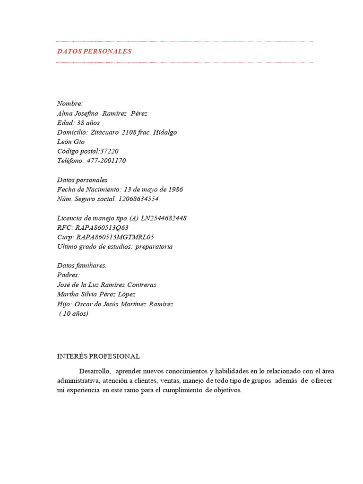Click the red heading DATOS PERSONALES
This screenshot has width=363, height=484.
94,52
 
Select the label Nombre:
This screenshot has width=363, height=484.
70,104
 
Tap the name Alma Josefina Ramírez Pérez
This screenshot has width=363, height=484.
102,113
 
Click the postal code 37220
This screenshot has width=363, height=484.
109,151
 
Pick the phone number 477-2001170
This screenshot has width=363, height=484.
106,161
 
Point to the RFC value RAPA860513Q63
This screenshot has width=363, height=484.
102,228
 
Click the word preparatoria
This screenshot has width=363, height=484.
154,247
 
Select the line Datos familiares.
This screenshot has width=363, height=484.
82,266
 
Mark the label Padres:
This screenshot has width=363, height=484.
69,275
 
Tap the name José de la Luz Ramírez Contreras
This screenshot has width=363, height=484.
106,285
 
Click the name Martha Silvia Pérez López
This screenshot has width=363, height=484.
96,294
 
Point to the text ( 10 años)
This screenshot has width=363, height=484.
73,313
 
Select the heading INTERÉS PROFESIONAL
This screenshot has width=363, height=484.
98,356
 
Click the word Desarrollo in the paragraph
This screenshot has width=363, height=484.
95,371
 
